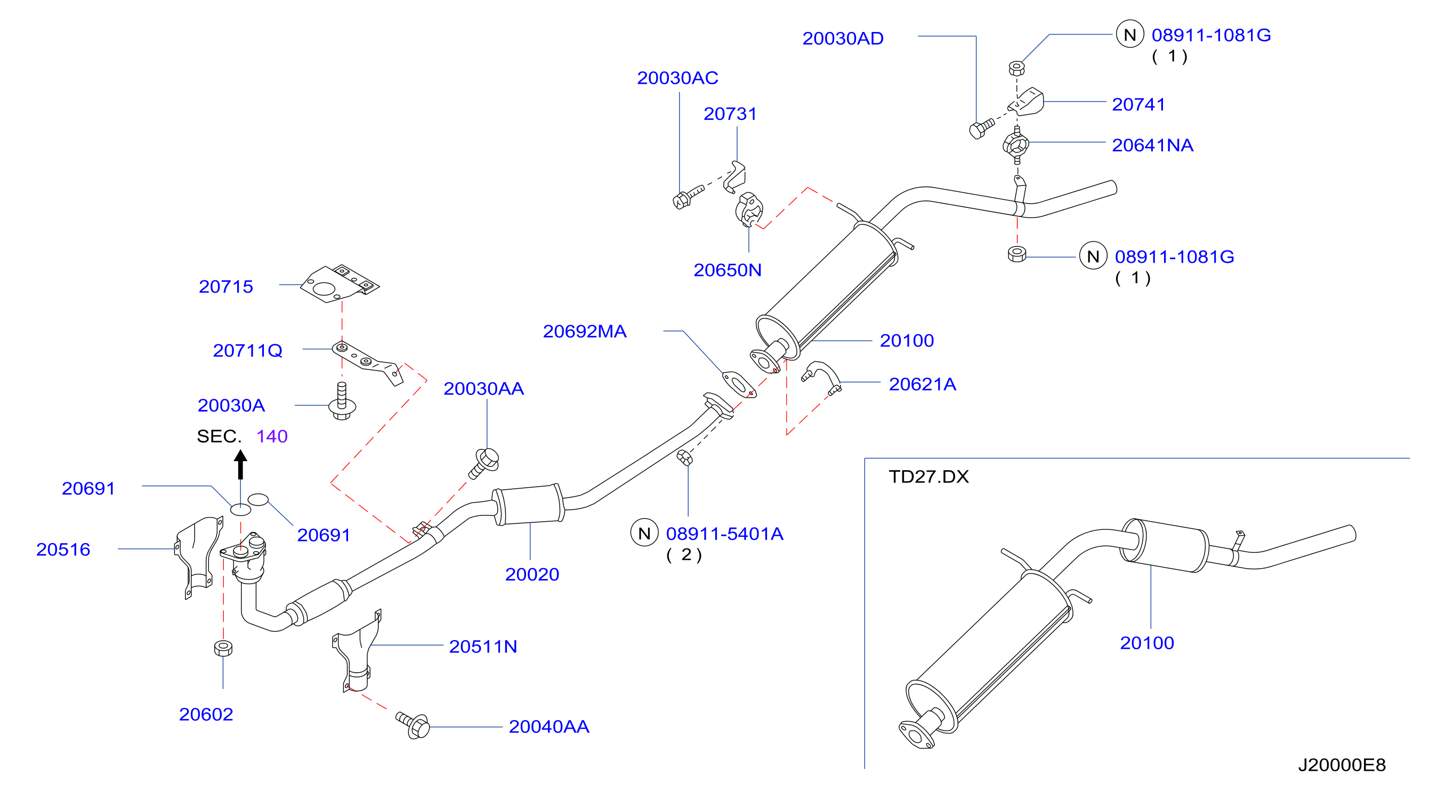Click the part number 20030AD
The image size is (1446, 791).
click(843, 38)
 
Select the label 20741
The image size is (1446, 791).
click(1138, 104)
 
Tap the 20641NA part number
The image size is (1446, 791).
click(1152, 146)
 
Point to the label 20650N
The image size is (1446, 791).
click(728, 270)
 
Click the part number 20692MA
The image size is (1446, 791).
click(584, 331)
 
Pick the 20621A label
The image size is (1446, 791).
click(922, 384)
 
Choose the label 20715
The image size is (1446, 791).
click(225, 287)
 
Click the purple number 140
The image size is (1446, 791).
click(272, 436)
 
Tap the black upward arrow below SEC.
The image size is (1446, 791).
click(240, 464)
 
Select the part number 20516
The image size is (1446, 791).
click(63, 550)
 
